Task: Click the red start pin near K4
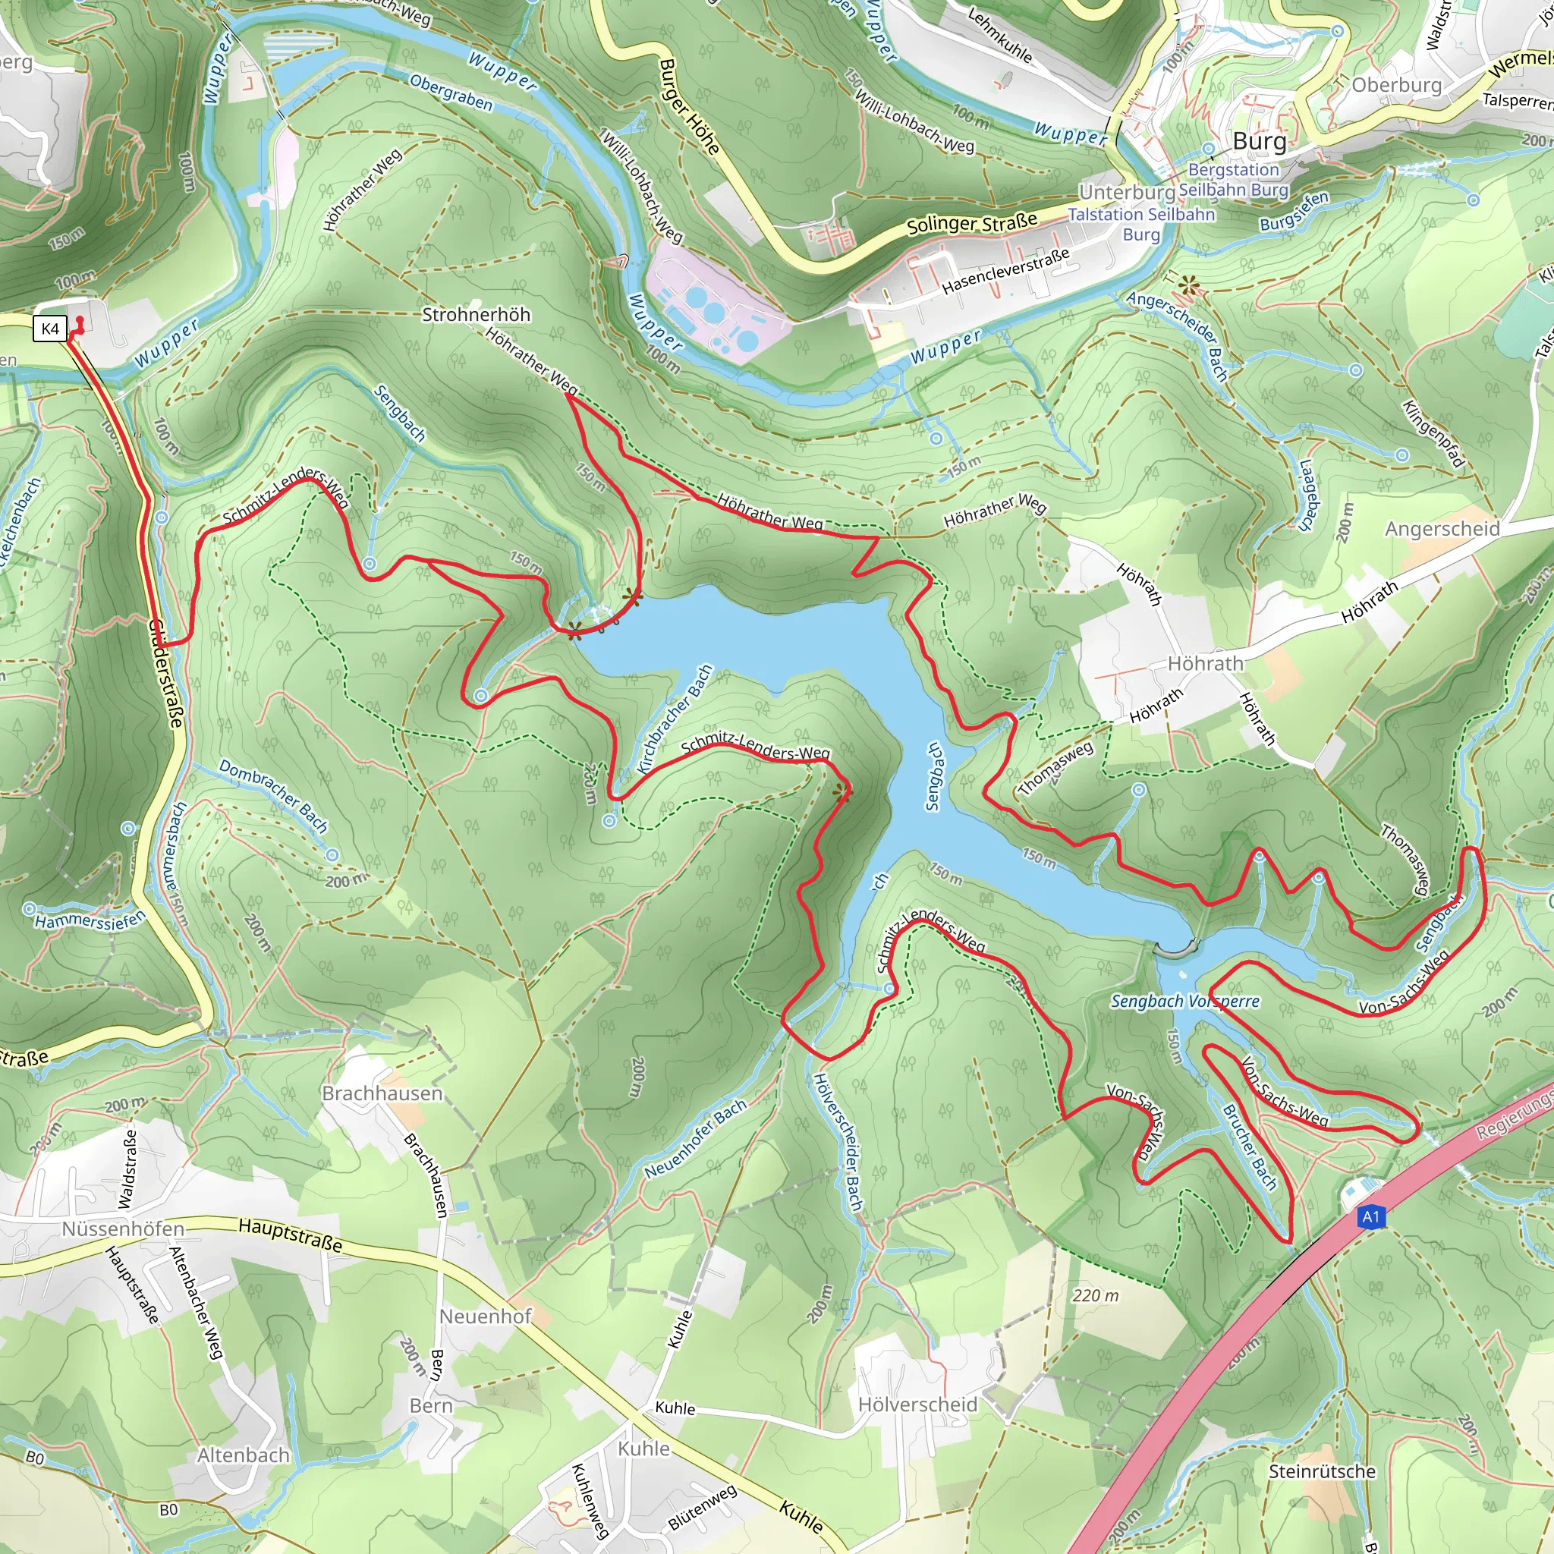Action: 78,326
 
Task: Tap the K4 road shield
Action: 50,328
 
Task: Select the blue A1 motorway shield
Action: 1370,1217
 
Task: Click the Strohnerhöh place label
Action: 477,314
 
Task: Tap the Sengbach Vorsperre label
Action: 1184,1002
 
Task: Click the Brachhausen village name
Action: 382,1093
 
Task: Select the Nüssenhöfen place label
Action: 123,1229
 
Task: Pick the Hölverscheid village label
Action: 918,1405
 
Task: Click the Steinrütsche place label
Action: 1323,1471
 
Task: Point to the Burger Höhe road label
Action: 689,106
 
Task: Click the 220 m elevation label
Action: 1096,1295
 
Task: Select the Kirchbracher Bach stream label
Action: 674,719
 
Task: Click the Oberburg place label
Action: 1396,85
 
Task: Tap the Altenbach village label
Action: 243,1455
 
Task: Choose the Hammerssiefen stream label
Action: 90,920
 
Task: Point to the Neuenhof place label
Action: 485,1316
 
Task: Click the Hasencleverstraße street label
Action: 1005,271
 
